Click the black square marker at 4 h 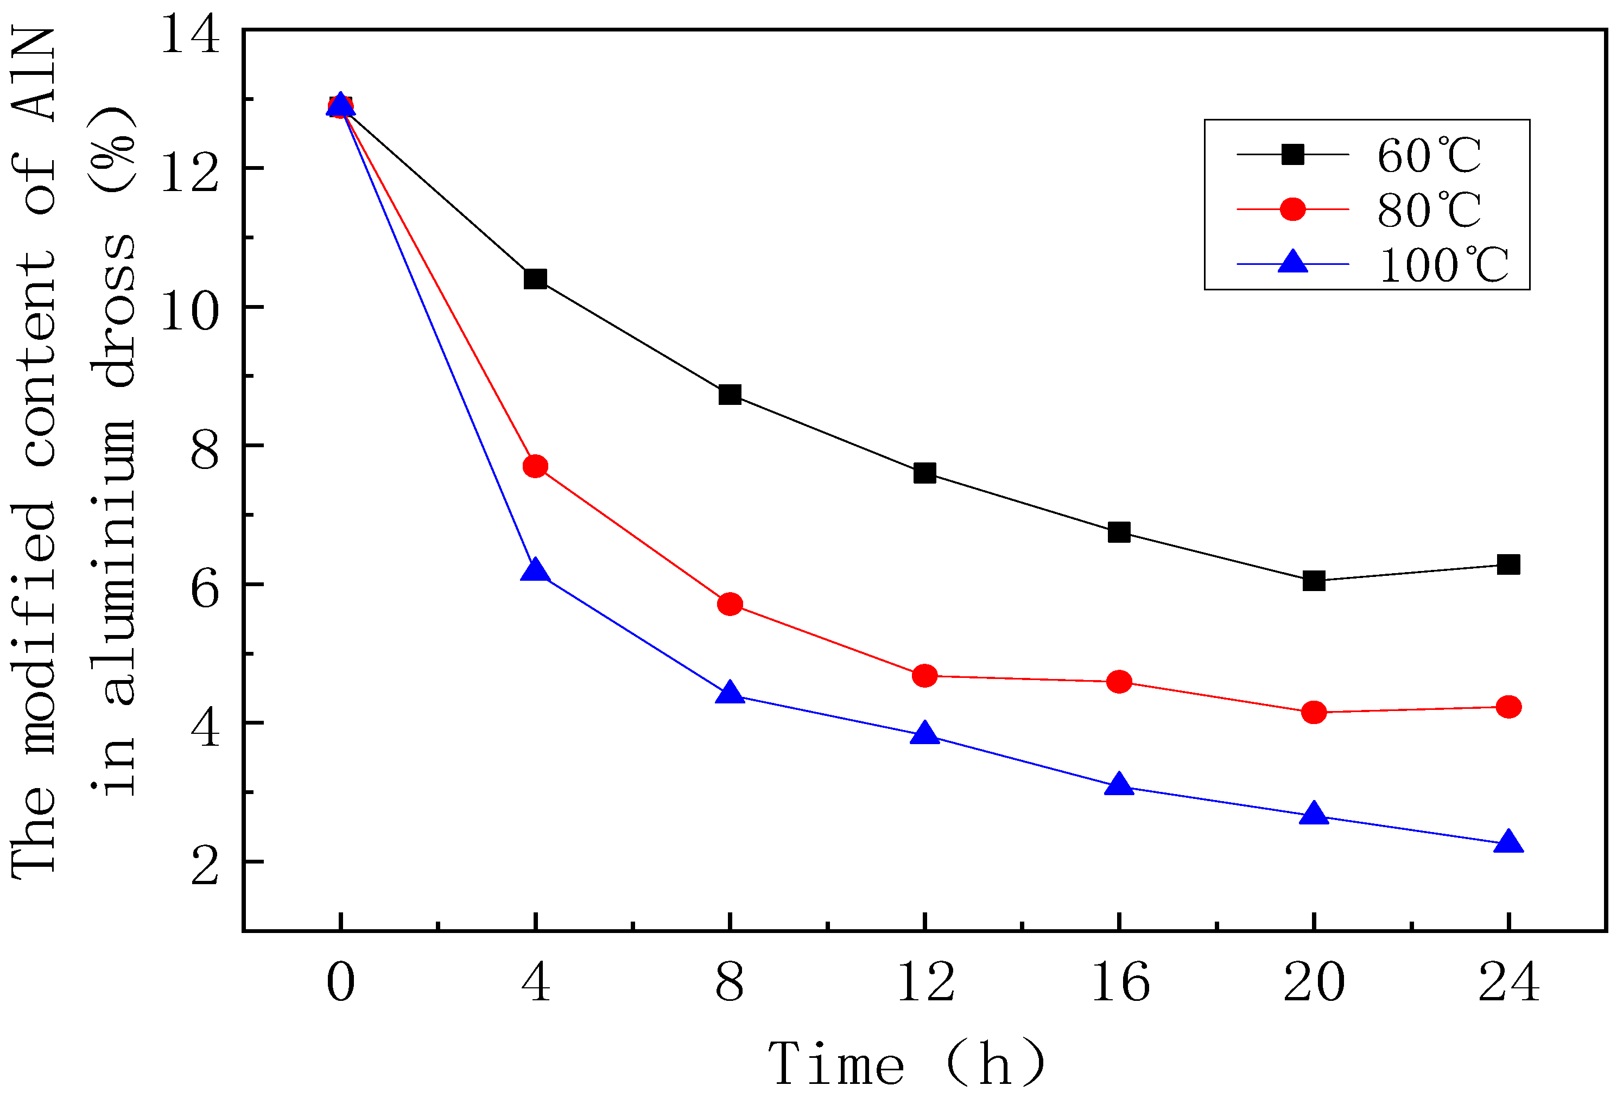[535, 278]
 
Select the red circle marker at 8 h [730, 604]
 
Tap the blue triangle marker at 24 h [1508, 843]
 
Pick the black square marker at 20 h [1314, 580]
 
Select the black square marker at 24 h [1508, 564]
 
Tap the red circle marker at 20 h [1314, 713]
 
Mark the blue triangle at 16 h [1119, 785]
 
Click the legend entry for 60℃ [1428, 155]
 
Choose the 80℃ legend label [1428, 210]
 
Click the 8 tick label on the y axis [205, 450]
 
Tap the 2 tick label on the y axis [205, 867]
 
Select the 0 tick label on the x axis [341, 981]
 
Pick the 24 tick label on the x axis [1508, 981]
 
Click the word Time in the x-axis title [836, 1064]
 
